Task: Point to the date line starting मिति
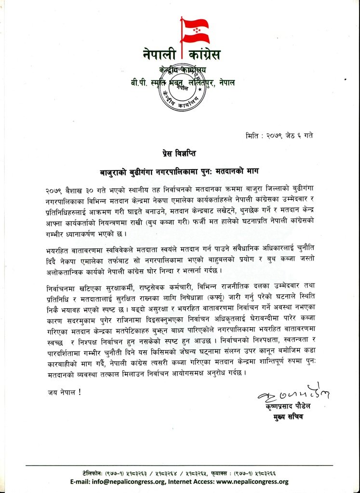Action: (279, 135)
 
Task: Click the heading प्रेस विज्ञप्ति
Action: (180, 154)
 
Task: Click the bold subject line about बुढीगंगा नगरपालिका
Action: (180, 171)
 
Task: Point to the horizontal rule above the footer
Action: (180, 466)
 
